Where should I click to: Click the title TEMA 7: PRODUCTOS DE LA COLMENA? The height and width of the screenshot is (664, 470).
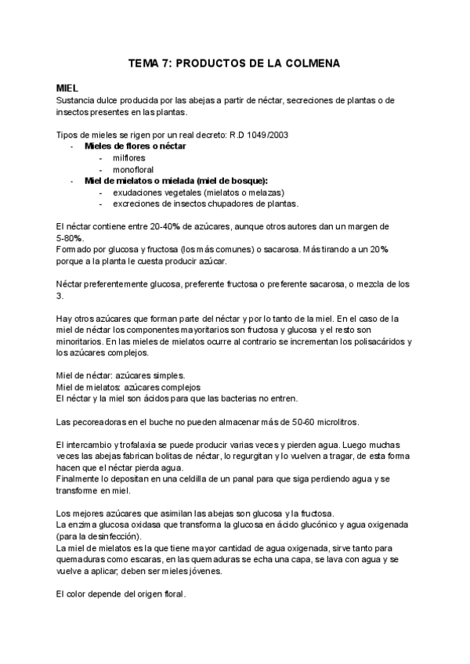click(234, 63)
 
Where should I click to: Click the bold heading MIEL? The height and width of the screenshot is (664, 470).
click(68, 88)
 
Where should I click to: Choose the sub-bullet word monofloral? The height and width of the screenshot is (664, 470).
click(133, 169)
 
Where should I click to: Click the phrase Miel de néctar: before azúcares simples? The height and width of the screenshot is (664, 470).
click(84, 375)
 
